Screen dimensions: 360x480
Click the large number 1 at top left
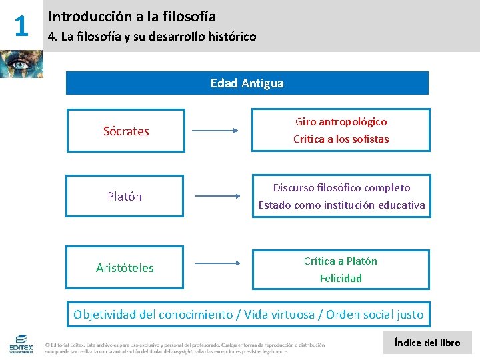(21, 26)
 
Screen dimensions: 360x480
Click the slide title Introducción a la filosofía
(132, 16)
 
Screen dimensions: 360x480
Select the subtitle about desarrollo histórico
(152, 37)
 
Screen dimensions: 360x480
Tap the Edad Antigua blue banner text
(247, 83)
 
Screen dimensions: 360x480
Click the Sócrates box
(125, 131)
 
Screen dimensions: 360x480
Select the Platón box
(125, 197)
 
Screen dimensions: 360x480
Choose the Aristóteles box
(125, 268)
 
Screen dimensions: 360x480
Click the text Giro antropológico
(341, 122)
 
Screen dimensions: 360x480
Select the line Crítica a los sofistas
(341, 139)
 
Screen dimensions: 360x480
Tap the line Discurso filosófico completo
(341, 188)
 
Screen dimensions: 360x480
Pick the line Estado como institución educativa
(341, 205)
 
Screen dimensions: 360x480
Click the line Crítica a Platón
(340, 261)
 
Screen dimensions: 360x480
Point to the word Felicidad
(340, 279)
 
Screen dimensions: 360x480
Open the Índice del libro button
(427, 343)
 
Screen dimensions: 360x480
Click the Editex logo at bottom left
(21, 343)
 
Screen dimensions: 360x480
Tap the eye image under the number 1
(21, 64)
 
